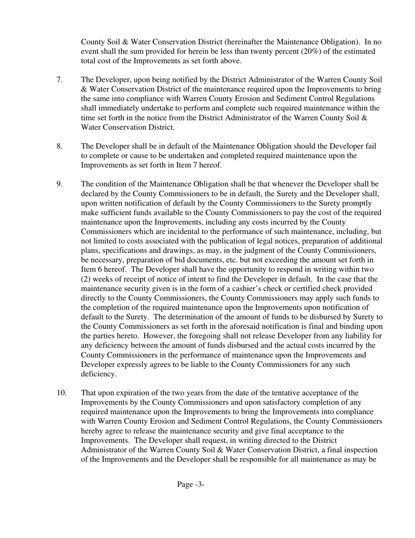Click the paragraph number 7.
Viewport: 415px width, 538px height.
coord(59,80)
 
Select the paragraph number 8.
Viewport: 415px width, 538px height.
coord(59,146)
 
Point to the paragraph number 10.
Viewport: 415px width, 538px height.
coord(62,392)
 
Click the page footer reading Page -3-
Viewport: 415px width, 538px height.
coord(191,484)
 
